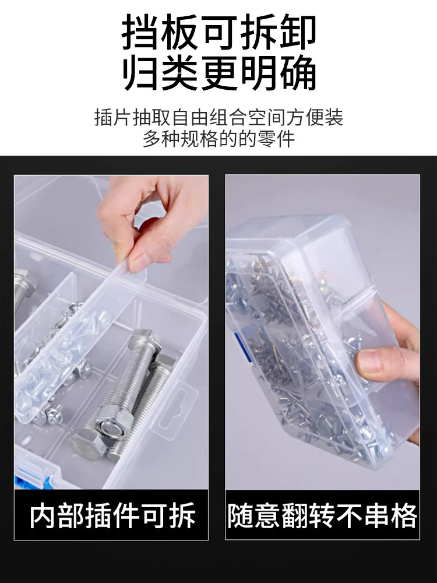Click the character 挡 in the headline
(x=140, y=32)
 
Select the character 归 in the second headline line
(x=140, y=72)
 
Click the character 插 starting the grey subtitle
(x=104, y=118)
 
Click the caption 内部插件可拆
(x=112, y=515)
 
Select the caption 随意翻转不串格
(x=322, y=515)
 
